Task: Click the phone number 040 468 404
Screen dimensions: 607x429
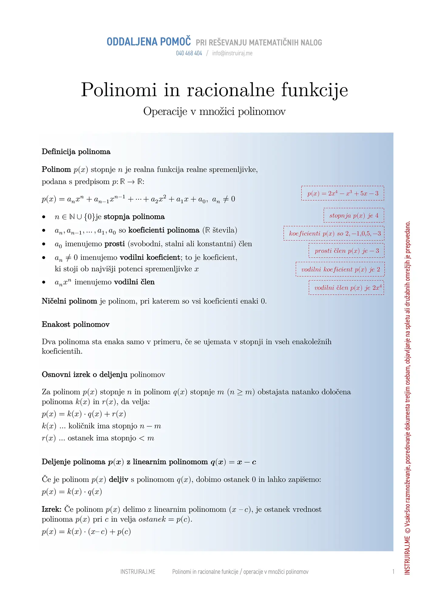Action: pos(189,53)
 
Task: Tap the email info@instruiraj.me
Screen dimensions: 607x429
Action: pos(232,53)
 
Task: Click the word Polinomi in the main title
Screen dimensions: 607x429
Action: pos(119,90)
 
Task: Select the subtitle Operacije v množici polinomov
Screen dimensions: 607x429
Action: pos(214,111)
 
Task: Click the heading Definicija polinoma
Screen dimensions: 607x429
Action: pos(76,152)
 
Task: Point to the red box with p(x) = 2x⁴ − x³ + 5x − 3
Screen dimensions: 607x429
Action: pos(342,193)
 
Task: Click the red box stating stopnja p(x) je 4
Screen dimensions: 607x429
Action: pos(354,215)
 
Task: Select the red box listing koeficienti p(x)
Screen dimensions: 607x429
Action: pos(334,233)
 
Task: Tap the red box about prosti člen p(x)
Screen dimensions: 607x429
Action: pos(346,251)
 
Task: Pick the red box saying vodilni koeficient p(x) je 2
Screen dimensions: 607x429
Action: pos(340,269)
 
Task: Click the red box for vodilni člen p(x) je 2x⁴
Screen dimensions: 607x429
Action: pos(346,287)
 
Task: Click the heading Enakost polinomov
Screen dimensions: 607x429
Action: pos(76,324)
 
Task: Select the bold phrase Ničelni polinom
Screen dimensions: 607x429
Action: pos(69,301)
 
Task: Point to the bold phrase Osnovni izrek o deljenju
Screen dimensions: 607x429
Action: pos(84,375)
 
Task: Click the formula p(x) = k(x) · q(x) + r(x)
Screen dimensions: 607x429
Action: pos(84,414)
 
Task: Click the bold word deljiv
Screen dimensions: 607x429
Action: pos(118,480)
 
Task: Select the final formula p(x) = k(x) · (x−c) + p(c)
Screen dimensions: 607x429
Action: pos(86,532)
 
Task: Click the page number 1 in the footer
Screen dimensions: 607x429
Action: pos(393,572)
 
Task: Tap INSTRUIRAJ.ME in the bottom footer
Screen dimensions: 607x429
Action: pos(138,572)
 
